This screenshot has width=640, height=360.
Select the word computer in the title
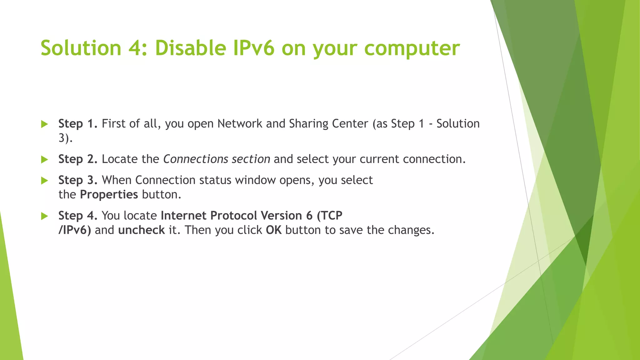pos(412,48)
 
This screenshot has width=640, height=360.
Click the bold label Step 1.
pos(78,124)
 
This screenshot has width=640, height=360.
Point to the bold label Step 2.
pos(78,159)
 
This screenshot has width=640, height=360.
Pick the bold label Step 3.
pos(78,180)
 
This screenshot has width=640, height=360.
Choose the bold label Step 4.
pos(78,216)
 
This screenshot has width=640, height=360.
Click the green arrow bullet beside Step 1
pos(44,124)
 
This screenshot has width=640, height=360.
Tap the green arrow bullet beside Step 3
pos(44,180)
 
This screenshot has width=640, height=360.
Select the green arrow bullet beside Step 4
pos(44,216)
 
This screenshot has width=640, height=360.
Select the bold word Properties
pos(109,195)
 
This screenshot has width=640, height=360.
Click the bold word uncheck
pos(141,230)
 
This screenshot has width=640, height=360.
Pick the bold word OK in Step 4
pos(273,230)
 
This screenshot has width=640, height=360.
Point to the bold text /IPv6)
pos(75,230)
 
